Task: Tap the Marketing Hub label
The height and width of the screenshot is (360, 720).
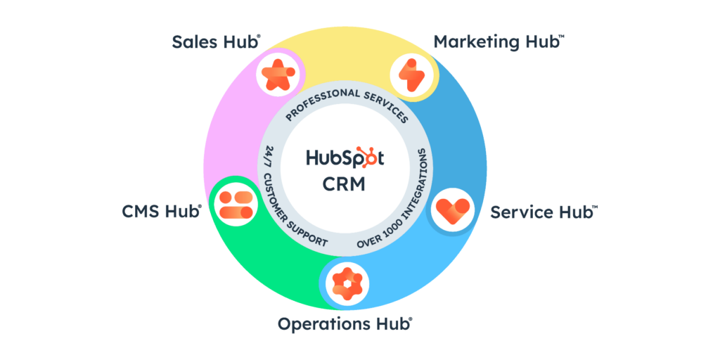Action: [498, 41]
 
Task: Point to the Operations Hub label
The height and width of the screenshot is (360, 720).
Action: [345, 324]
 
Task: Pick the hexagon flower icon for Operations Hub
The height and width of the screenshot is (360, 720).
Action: [347, 283]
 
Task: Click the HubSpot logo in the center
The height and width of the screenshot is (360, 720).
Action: [345, 157]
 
